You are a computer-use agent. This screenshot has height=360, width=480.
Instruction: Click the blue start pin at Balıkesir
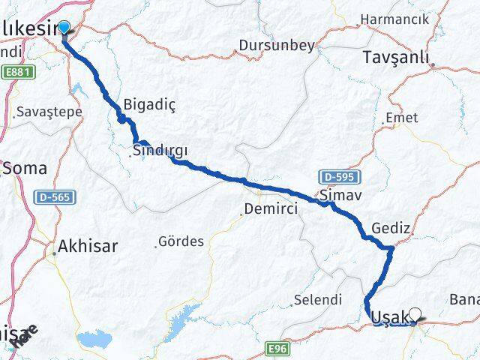click(x=64, y=28)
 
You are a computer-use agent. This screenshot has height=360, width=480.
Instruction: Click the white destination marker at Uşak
click(x=416, y=316)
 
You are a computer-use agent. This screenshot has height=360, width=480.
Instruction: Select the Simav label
click(x=335, y=195)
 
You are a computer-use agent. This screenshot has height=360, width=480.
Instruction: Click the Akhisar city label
click(x=88, y=245)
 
